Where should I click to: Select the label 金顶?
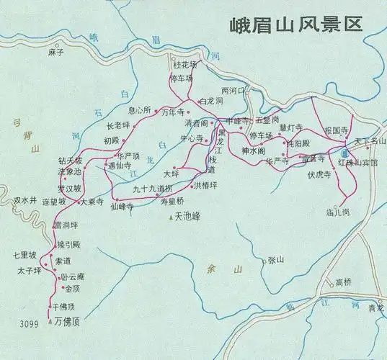(73, 289)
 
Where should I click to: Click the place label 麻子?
(56, 53)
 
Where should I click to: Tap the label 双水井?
(25, 199)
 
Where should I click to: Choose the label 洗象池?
(70, 171)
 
